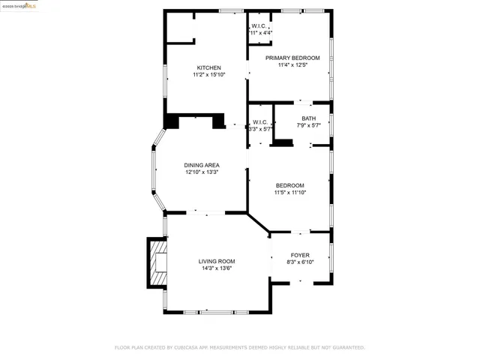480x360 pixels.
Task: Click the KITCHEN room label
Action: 208,67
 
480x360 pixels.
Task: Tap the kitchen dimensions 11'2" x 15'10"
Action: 208,75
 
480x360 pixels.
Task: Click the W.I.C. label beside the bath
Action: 260,122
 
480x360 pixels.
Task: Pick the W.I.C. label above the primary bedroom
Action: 261,26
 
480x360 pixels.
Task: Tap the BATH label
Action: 308,118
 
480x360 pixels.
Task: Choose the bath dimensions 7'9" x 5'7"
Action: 308,125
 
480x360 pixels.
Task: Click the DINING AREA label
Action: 201,165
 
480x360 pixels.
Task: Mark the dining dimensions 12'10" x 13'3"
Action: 201,172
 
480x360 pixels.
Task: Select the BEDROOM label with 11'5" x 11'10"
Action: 289,185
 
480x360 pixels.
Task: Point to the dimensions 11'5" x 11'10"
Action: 289,193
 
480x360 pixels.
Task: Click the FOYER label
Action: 300,255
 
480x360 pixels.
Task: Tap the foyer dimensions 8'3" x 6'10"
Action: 300,262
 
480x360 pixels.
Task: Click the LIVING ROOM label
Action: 217,261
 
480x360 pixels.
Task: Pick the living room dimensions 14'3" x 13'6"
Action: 217,268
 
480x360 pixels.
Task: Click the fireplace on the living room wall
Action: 157,262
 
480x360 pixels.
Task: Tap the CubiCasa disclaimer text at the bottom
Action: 239,347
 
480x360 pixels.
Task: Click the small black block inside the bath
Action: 282,143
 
